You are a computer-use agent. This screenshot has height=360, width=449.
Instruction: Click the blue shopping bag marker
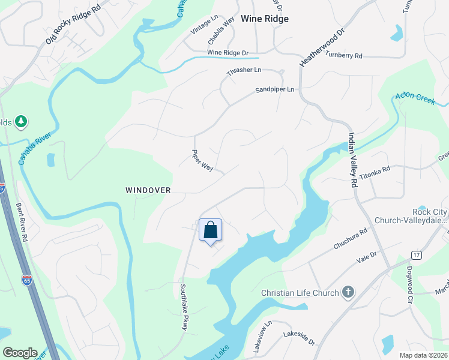[210, 230]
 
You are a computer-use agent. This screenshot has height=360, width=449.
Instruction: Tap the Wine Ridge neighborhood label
[264, 19]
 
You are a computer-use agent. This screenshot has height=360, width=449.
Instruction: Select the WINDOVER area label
[148, 190]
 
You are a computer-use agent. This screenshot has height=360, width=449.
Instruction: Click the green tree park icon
[22, 122]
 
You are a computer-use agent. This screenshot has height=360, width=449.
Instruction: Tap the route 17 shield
[417, 255]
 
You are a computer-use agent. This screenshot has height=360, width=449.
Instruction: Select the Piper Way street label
[202, 160]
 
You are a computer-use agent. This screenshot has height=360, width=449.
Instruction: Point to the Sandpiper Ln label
[275, 90]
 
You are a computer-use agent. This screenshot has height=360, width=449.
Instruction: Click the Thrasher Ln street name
[244, 71]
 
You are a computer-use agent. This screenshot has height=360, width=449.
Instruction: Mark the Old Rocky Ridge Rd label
[73, 27]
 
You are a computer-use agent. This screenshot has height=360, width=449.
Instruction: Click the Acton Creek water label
[415, 99]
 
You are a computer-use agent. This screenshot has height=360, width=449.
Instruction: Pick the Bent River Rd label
[22, 212]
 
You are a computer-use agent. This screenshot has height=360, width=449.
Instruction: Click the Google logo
[20, 353]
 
